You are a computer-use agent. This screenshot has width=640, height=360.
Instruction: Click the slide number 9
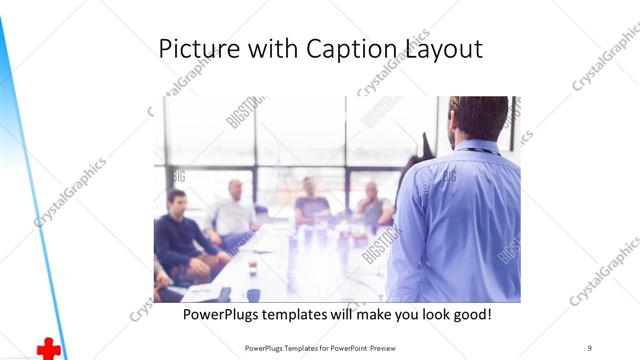[x=589, y=347]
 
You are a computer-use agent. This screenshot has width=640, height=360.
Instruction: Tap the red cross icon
[x=48, y=348]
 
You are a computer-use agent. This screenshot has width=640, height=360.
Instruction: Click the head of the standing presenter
[x=478, y=118]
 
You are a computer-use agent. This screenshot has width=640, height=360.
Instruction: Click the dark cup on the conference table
[x=253, y=295]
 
